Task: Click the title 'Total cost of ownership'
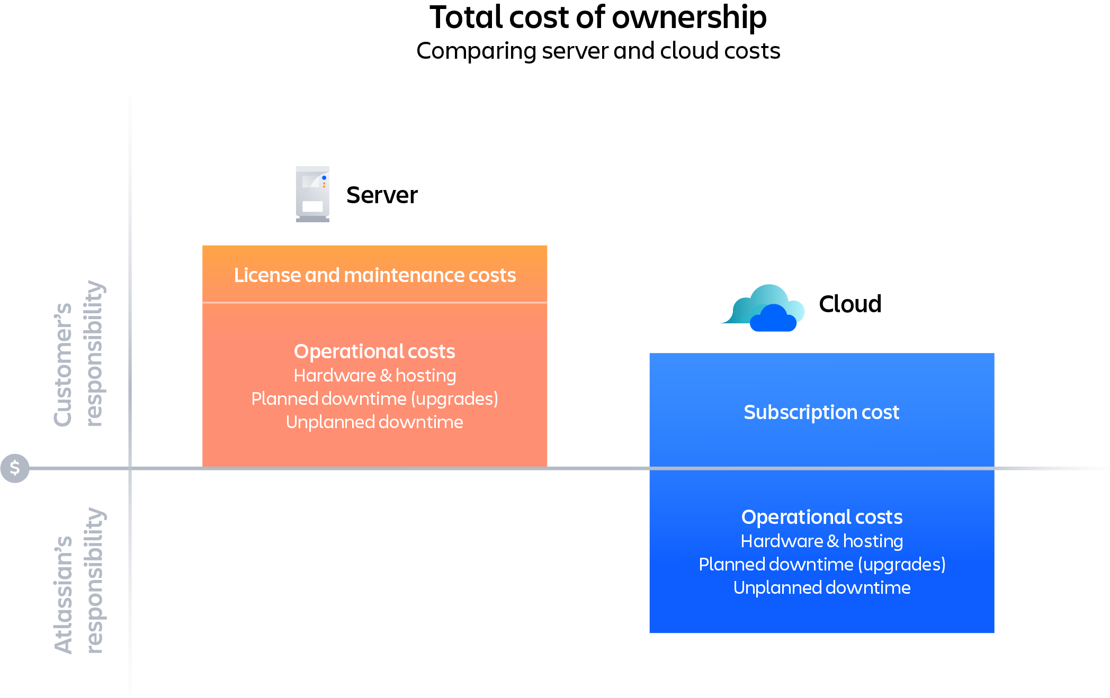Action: click(598, 17)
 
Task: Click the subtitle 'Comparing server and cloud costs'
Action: click(598, 51)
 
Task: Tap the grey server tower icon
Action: click(312, 194)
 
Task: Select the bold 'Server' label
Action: click(382, 195)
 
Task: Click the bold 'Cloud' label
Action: click(850, 304)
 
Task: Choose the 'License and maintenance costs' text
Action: click(375, 275)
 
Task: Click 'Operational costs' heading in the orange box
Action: click(374, 351)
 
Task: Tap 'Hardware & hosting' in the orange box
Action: click(374, 376)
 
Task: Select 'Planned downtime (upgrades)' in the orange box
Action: click(374, 399)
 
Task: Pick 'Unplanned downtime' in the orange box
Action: click(374, 422)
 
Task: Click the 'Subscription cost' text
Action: click(821, 412)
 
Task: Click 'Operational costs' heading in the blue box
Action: click(822, 517)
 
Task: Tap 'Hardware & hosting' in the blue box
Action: click(822, 541)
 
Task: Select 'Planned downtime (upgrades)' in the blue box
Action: click(822, 565)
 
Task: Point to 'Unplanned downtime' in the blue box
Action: click(822, 588)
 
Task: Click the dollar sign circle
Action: click(15, 468)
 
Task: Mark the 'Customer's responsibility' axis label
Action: click(79, 353)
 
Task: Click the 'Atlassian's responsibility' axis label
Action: click(79, 581)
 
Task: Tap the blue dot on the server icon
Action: click(324, 178)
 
